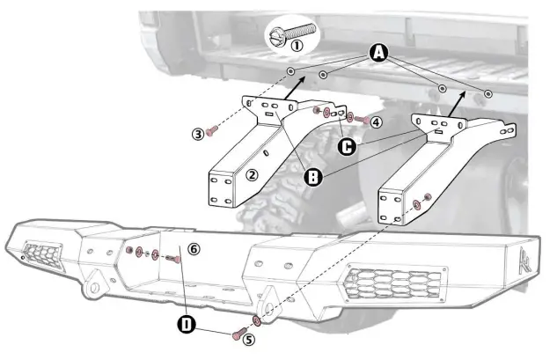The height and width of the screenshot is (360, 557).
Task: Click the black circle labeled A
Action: pyautogui.click(x=378, y=53)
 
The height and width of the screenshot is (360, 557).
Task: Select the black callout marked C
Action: pyautogui.click(x=347, y=146)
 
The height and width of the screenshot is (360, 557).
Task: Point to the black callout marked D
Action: pyautogui.click(x=187, y=326)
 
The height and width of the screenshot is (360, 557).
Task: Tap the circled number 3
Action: pyautogui.click(x=198, y=133)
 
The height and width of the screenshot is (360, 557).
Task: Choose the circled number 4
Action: pyautogui.click(x=376, y=121)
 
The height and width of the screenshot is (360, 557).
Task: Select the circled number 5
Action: pyautogui.click(x=249, y=338)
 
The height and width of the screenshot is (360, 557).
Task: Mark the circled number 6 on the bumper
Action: pyautogui.click(x=194, y=249)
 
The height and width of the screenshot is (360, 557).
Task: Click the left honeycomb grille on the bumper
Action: pyautogui.click(x=40, y=255)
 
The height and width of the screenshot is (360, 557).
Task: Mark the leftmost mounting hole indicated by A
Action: pyautogui.click(x=290, y=71)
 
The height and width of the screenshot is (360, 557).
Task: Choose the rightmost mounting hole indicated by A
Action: pyautogui.click(x=488, y=92)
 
